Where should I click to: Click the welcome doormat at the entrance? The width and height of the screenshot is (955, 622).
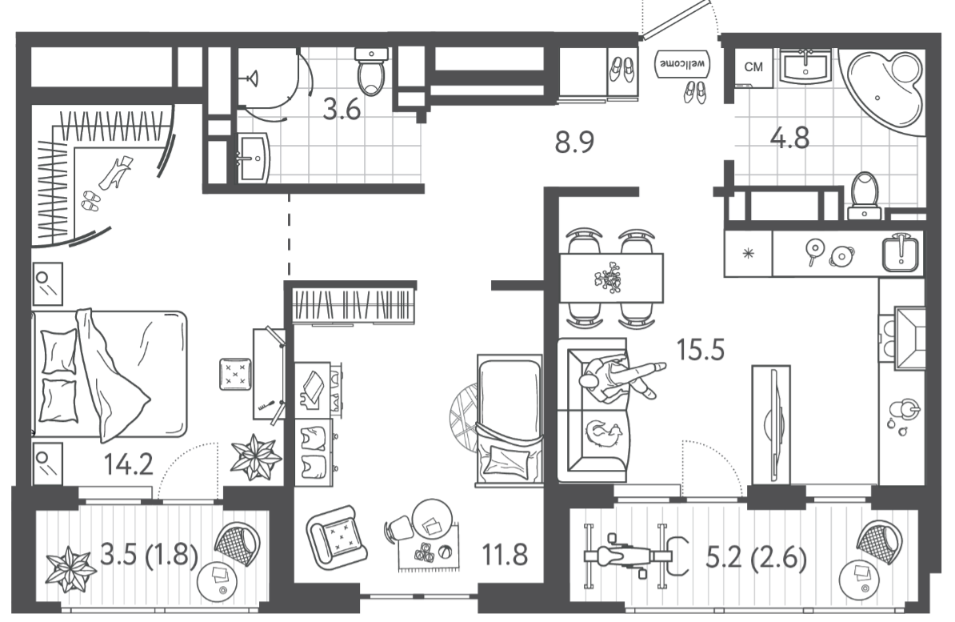tap(682, 63)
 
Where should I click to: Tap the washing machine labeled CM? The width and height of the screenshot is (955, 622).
tap(754, 68)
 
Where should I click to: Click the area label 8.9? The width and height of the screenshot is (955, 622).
tap(573, 142)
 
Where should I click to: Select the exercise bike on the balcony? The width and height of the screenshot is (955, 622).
tap(637, 555)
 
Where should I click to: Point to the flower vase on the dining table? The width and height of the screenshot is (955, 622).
tap(609, 277)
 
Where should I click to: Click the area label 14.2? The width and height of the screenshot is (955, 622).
tap(128, 464)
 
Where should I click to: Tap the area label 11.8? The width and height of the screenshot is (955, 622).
tap(505, 556)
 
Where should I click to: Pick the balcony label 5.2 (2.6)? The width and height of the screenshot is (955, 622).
tap(755, 558)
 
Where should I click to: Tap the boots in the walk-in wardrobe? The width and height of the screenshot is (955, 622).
tap(114, 173)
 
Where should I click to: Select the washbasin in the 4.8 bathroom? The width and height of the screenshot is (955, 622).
tap(805, 66)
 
